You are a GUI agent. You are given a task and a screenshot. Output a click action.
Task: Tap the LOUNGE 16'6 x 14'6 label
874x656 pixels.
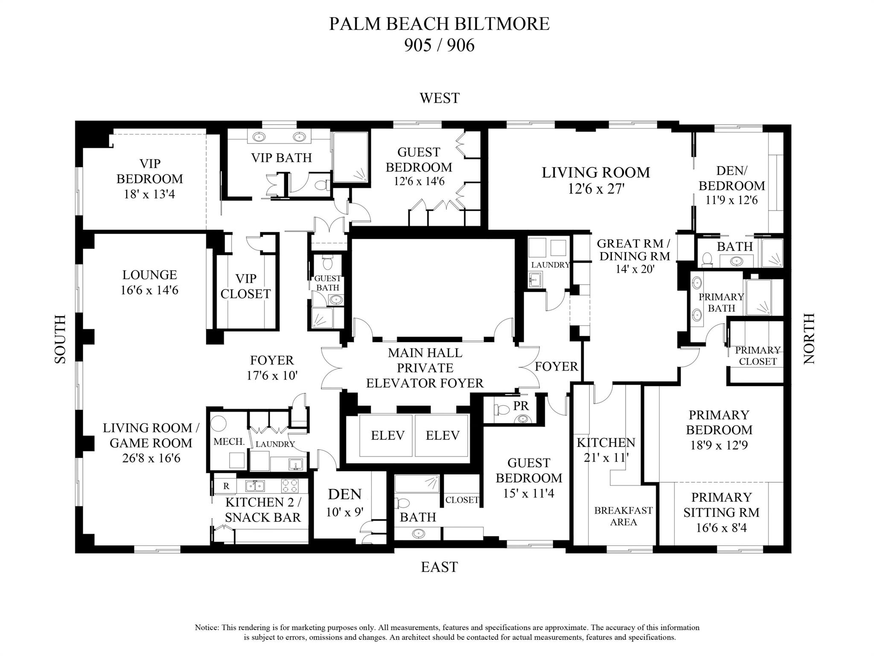click(x=149, y=282)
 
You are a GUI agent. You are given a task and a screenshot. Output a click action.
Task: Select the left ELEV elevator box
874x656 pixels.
click(x=387, y=435)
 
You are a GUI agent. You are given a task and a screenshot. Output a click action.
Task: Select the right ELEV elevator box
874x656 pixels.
click(x=443, y=435)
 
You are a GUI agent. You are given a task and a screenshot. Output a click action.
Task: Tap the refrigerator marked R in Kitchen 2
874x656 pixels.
click(x=226, y=486)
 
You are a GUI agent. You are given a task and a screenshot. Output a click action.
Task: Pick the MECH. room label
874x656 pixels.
click(x=229, y=442)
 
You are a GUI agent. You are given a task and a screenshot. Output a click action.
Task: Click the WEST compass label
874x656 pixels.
click(x=439, y=98)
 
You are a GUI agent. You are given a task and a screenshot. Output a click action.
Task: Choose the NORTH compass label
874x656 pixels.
click(x=809, y=339)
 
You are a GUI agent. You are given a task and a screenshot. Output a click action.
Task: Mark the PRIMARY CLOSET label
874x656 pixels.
click(x=757, y=356)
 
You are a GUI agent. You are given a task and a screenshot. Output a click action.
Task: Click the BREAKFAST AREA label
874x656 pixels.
click(x=623, y=516)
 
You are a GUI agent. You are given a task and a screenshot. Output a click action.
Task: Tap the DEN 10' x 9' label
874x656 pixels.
click(x=344, y=502)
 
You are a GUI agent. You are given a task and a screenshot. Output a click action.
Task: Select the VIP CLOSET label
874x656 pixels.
click(x=245, y=286)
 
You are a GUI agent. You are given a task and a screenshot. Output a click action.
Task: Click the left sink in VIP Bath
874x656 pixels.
click(x=259, y=137)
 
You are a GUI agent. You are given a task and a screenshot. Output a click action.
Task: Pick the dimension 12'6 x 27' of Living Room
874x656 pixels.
click(x=596, y=189)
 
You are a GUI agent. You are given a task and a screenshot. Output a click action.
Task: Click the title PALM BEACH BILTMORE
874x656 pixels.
click(x=439, y=24)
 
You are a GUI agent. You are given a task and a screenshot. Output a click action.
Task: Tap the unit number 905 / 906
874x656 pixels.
click(x=439, y=45)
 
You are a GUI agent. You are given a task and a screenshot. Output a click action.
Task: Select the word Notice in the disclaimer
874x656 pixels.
click(x=207, y=627)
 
